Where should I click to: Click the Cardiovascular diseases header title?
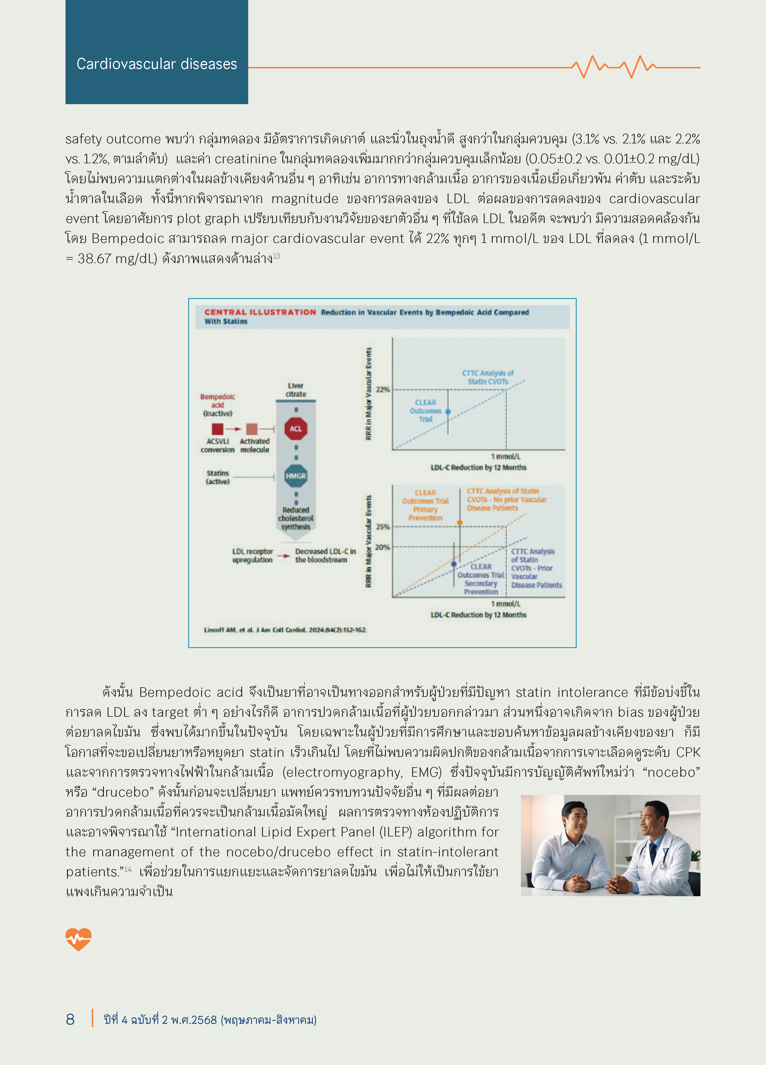click(x=156, y=64)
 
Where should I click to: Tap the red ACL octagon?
click(x=296, y=429)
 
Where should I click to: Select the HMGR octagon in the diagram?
click(x=296, y=476)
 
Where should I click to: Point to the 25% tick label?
click(x=383, y=527)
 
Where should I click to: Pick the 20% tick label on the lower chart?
click(x=382, y=547)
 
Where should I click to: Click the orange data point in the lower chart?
click(x=460, y=523)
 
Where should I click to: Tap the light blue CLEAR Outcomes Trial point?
click(x=448, y=412)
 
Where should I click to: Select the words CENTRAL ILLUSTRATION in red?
click(x=260, y=312)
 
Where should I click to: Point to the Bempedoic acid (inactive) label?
click(x=217, y=405)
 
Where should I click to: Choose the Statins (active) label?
click(x=217, y=477)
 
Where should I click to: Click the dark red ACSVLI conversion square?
click(x=217, y=429)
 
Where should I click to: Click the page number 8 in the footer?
click(x=70, y=1019)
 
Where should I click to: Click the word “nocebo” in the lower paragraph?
click(x=673, y=772)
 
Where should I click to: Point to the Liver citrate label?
click(x=296, y=390)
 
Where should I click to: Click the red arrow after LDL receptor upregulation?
click(x=284, y=556)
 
